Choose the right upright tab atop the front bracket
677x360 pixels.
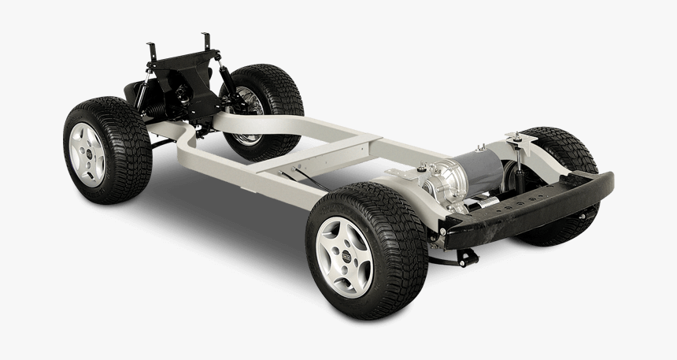click(207, 42)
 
